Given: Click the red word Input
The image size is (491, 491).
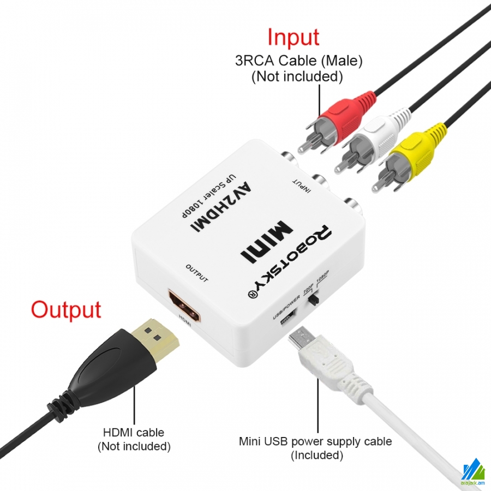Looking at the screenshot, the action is click(x=293, y=37).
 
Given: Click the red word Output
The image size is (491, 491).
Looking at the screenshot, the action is click(x=66, y=309).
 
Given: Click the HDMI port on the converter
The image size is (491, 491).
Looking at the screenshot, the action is click(x=185, y=306).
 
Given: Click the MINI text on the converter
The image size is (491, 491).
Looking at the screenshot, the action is click(x=266, y=242).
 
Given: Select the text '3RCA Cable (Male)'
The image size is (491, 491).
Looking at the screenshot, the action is click(x=299, y=60).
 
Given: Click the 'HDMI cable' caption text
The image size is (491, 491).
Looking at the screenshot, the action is click(x=134, y=432).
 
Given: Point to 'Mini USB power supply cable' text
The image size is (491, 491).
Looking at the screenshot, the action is click(x=315, y=441).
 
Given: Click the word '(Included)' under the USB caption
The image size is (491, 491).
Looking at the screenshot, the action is click(x=317, y=455).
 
